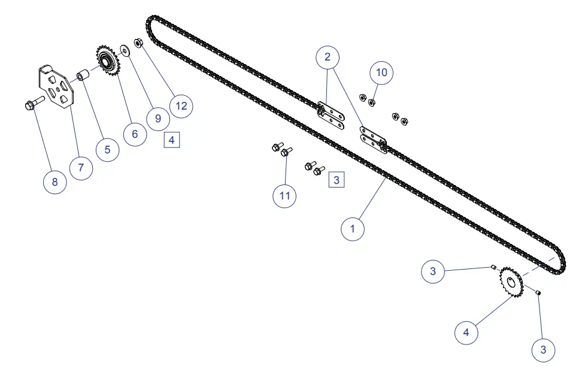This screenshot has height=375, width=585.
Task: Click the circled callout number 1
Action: (x=353, y=228)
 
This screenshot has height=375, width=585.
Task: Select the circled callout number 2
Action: (x=328, y=57)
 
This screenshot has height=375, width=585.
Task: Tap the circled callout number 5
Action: (x=107, y=149)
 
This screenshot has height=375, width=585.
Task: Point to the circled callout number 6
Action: (x=135, y=134)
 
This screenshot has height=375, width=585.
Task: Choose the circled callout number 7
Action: (x=81, y=167)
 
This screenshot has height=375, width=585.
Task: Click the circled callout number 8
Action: (x=54, y=182)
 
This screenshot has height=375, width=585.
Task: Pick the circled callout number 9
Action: (x=158, y=118)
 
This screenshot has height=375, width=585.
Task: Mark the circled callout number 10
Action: (x=382, y=72)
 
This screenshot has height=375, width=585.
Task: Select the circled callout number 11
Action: (x=285, y=196)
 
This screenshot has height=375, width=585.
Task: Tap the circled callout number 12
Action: (x=181, y=105)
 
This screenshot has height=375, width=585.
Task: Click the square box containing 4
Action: (x=172, y=140)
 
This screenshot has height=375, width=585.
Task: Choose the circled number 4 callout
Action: (x=466, y=332)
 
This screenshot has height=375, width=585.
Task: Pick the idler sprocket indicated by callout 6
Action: (x=108, y=61)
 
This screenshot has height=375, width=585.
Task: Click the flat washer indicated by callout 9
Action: (x=125, y=49)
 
